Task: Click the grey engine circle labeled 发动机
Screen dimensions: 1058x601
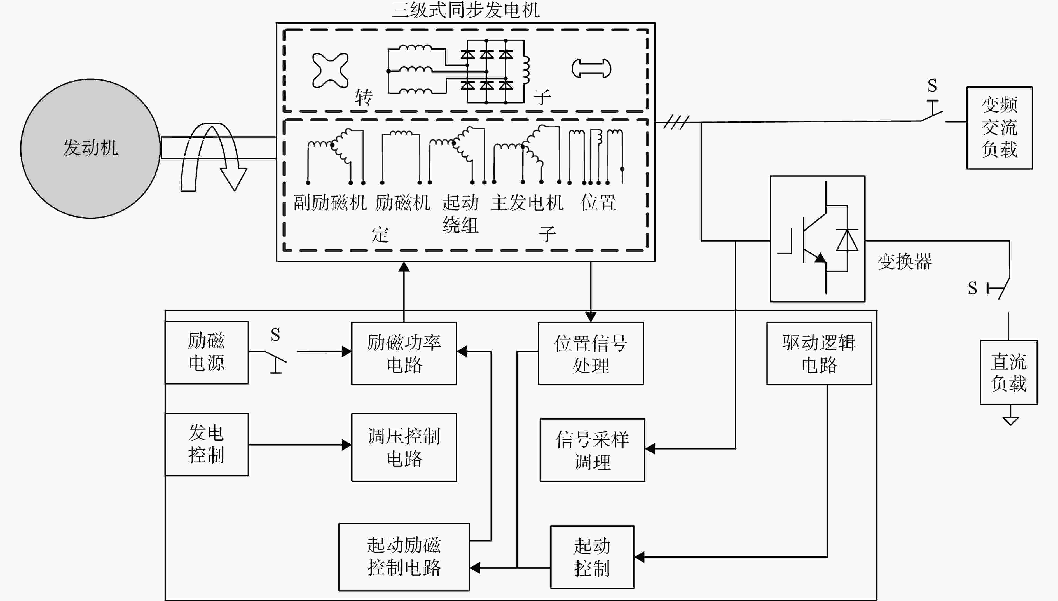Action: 90,149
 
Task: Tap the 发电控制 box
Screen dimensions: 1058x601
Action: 207,445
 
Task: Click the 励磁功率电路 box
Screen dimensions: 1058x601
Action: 404,353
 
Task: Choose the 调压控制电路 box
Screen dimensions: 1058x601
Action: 404,447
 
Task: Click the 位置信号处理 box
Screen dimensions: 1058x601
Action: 591,353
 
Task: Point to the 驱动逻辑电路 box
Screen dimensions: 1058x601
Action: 819,353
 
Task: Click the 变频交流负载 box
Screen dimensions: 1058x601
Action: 1000,128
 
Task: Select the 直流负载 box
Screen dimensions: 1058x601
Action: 1008,372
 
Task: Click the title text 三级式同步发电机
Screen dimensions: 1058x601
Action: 465,10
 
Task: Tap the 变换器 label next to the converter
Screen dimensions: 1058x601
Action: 905,261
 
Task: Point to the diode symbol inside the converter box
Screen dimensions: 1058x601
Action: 847,240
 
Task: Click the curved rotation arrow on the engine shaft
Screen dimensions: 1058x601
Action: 214,157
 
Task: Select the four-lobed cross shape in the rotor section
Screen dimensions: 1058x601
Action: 330,70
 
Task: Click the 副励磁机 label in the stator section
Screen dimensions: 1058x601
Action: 330,203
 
